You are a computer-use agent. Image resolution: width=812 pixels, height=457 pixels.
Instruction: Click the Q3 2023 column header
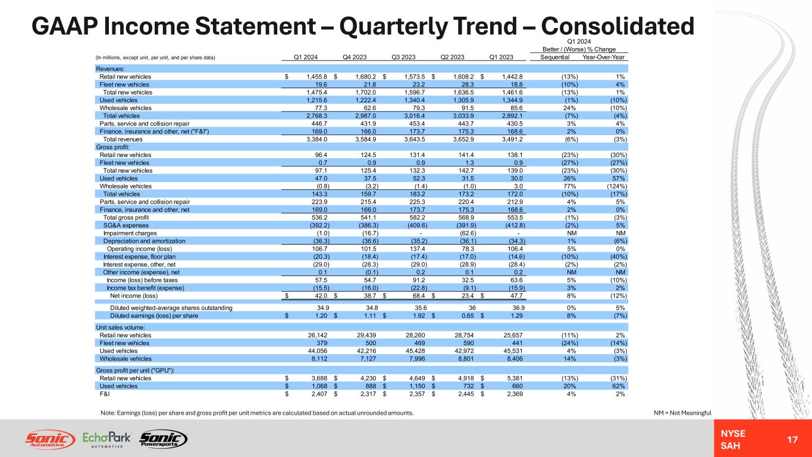(x=403, y=57)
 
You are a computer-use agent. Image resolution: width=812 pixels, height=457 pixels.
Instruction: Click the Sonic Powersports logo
(x=163, y=439)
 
